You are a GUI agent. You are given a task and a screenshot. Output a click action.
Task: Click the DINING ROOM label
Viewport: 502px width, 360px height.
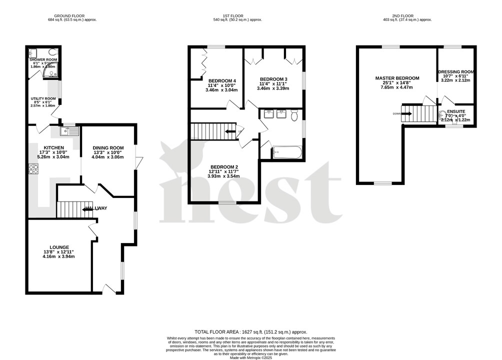coord(108,147)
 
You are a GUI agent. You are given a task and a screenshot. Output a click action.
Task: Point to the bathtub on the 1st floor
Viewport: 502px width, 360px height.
coord(287,152)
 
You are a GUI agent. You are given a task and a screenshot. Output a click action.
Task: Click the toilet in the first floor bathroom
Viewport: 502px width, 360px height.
coord(294,115)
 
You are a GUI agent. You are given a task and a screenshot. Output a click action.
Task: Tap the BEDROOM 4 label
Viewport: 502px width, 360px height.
coord(222,81)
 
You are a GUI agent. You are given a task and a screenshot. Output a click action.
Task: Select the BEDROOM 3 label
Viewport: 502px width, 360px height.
coord(273,79)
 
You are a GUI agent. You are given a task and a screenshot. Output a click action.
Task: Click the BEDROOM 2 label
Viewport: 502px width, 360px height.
coord(223,167)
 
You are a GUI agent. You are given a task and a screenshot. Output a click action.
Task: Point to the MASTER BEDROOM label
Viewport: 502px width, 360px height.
coord(397,78)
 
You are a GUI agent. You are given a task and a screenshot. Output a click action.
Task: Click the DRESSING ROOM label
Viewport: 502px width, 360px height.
coord(456,72)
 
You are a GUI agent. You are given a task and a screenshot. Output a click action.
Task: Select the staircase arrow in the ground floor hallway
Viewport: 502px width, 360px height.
coord(86,210)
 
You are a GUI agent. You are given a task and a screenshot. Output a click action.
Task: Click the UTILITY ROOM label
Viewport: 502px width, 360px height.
coord(43,98)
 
